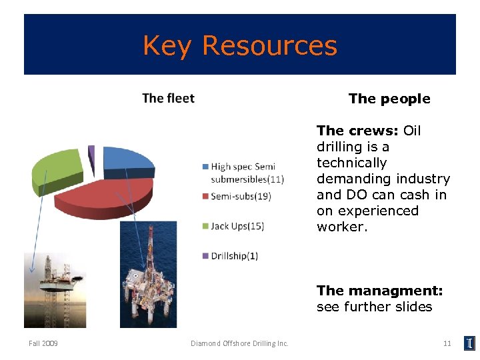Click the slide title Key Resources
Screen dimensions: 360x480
pyautogui.click(x=240, y=45)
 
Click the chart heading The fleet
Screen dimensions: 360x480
pyautogui.click(x=168, y=99)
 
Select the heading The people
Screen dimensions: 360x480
pyautogui.click(x=389, y=99)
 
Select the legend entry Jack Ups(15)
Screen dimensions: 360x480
pyautogui.click(x=237, y=226)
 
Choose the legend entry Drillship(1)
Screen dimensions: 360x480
pyautogui.click(x=234, y=256)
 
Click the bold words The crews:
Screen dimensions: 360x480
pyautogui.click(x=358, y=131)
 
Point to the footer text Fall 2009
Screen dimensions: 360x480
pyautogui.click(x=43, y=343)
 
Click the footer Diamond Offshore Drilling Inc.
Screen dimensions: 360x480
pyautogui.click(x=239, y=343)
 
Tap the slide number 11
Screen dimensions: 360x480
pyautogui.click(x=447, y=343)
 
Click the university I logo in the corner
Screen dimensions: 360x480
pyautogui.click(x=469, y=343)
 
